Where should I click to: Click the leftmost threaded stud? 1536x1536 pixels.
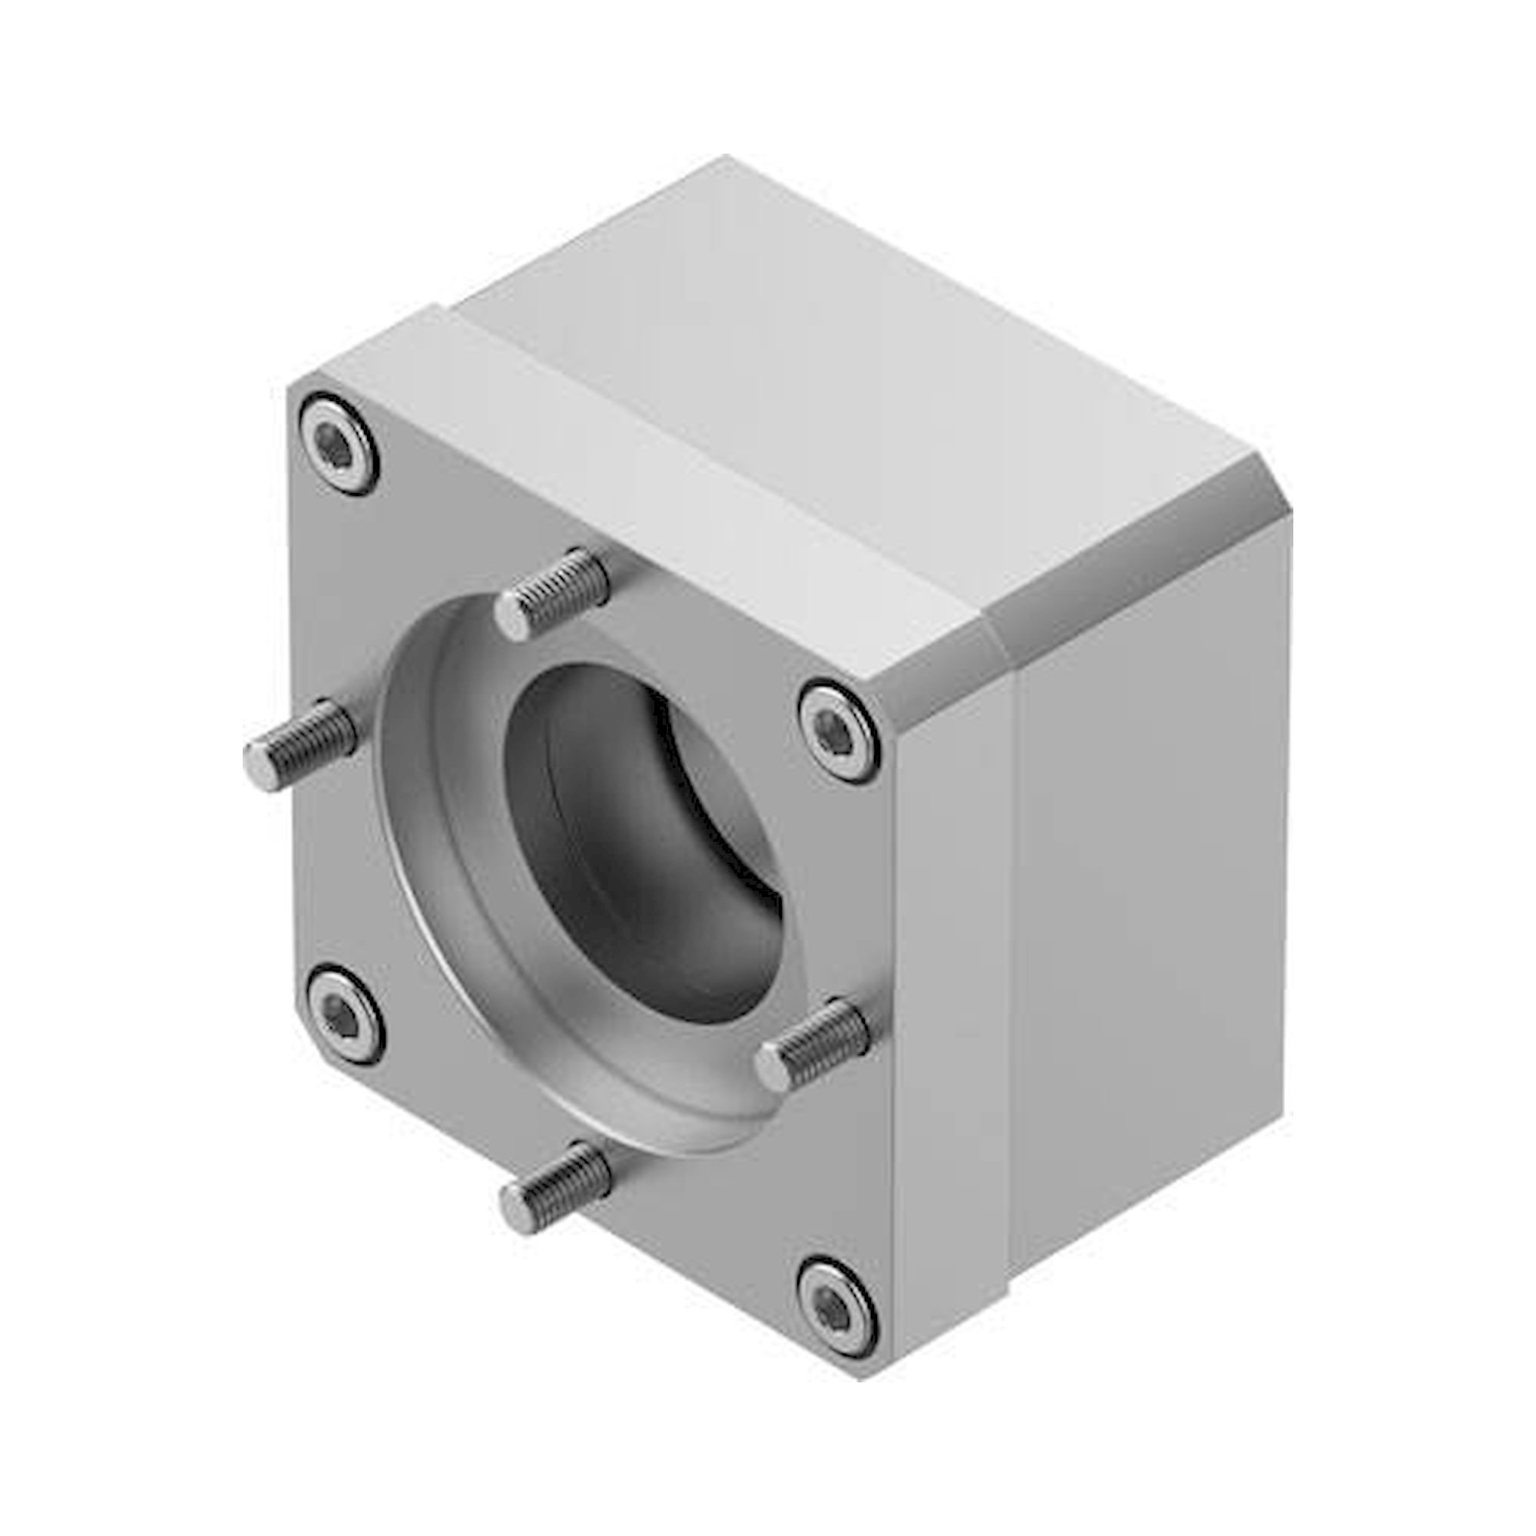pyautogui.click(x=300, y=743)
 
